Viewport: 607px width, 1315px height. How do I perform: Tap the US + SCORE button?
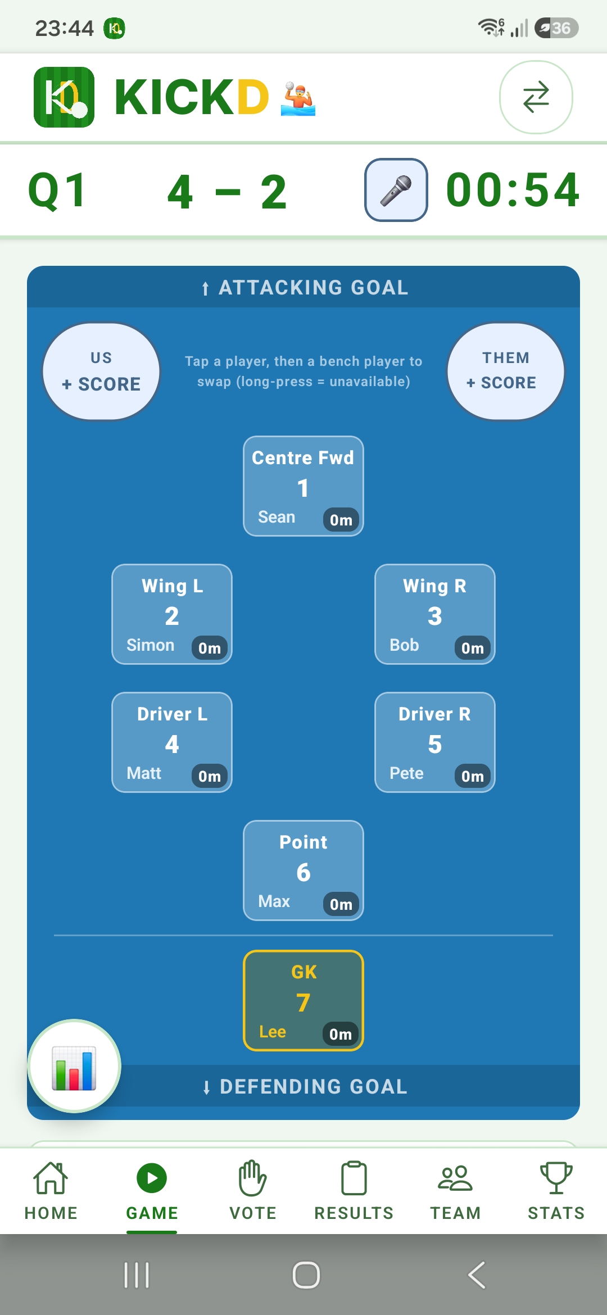(x=101, y=371)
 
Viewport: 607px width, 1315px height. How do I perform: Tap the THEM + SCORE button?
(x=506, y=371)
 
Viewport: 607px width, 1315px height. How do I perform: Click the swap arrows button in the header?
(x=536, y=97)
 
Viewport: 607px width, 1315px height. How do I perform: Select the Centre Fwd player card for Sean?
(x=303, y=486)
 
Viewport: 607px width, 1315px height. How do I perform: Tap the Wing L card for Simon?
(x=172, y=614)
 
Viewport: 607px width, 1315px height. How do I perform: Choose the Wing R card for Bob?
(x=435, y=614)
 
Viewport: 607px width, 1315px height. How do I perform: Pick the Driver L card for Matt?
(x=172, y=742)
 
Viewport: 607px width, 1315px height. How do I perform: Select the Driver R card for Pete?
(x=435, y=742)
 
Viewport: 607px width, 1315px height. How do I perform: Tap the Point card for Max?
(x=303, y=870)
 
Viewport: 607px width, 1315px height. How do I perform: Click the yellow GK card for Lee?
(x=303, y=1000)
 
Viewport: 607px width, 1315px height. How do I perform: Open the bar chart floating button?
(x=74, y=1066)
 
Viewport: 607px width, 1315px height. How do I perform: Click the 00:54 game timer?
(x=513, y=190)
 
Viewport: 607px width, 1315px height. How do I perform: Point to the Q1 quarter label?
(x=57, y=191)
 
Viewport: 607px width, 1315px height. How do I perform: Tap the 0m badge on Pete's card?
(x=473, y=776)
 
